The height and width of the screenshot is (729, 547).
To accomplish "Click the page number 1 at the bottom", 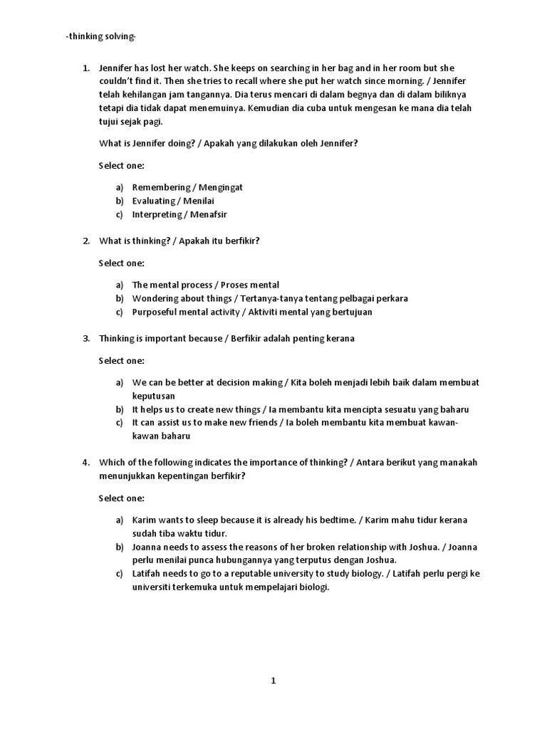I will (x=273, y=681).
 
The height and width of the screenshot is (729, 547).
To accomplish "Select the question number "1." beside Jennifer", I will (x=85, y=68).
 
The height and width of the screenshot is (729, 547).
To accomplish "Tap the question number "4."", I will (x=85, y=462).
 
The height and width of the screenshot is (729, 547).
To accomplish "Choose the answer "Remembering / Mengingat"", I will (x=187, y=187).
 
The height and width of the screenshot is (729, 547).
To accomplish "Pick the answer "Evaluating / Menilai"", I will (x=173, y=201).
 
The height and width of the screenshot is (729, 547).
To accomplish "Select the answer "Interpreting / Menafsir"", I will (x=179, y=214).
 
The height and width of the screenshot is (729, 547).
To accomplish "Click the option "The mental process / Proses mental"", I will (x=205, y=285).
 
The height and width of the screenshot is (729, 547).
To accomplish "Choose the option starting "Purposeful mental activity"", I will (x=251, y=312).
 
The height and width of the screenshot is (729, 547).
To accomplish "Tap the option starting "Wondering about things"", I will (x=270, y=298).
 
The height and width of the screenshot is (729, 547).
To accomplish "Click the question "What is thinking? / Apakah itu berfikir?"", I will (x=179, y=241).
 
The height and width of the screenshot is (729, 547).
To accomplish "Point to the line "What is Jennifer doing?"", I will (x=228, y=143).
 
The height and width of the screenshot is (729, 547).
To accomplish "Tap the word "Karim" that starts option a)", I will (x=144, y=520).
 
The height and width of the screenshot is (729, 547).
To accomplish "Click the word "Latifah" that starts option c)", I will (x=147, y=574).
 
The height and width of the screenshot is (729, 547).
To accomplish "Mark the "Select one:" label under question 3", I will (x=121, y=360).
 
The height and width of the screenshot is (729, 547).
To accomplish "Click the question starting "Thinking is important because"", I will (x=226, y=338).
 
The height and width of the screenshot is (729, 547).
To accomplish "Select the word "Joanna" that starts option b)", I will (x=147, y=547).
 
